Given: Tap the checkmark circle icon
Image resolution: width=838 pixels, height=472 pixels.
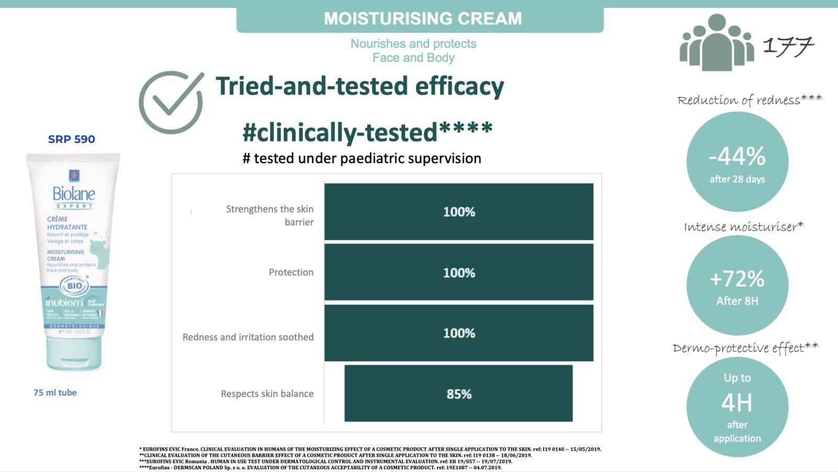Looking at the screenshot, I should (x=171, y=102).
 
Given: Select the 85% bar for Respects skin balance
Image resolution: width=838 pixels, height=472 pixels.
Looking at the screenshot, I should (x=458, y=393).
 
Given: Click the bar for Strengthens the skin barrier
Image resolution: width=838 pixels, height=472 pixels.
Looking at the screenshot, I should (x=458, y=212).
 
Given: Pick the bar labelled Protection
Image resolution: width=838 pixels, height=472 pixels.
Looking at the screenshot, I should (x=458, y=272).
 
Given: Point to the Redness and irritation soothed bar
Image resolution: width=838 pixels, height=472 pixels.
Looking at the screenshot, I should (x=458, y=333).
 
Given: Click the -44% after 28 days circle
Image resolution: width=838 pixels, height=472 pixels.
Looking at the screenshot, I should (x=737, y=162).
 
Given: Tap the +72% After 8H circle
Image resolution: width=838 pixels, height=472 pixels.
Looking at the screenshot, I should (x=737, y=285).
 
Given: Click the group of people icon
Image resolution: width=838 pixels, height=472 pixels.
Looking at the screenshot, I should (x=716, y=43).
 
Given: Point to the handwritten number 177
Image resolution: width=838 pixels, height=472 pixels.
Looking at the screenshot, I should (x=788, y=46).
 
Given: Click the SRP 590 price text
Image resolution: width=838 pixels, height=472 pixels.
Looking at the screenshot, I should (x=72, y=139).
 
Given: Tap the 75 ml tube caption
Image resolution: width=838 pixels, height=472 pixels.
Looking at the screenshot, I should (x=55, y=392).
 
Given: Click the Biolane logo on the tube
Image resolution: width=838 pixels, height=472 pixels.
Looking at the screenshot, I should (x=74, y=194).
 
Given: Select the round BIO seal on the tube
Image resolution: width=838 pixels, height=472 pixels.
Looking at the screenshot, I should (x=74, y=286).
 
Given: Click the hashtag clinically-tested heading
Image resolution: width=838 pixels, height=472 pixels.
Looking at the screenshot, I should (x=367, y=131).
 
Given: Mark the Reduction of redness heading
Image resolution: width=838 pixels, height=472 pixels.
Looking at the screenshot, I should (x=749, y=100).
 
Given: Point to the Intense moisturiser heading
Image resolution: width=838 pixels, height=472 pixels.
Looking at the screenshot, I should (x=743, y=226).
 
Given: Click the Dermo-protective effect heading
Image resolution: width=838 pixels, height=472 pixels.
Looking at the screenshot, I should (x=745, y=348).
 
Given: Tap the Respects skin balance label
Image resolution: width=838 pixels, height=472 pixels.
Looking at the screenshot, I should (x=267, y=393).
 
